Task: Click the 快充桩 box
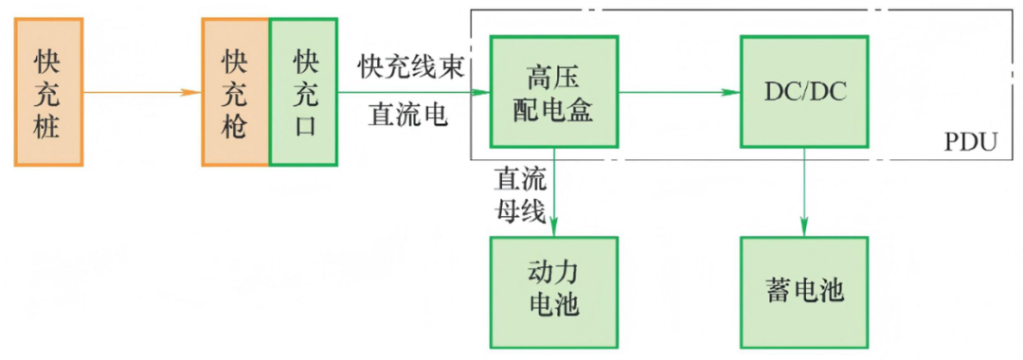pyautogui.click(x=49, y=92)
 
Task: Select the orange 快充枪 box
pyautogui.click(x=235, y=92)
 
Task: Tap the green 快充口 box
pyautogui.click(x=303, y=92)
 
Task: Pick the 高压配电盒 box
pyautogui.click(x=554, y=91)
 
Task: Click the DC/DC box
pyautogui.click(x=804, y=91)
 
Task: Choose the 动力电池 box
pyautogui.click(x=554, y=292)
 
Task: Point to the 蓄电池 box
pyautogui.click(x=804, y=292)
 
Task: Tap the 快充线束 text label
pyautogui.click(x=411, y=66)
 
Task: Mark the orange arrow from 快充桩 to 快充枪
pyautogui.click(x=142, y=92)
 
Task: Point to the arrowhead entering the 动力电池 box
pyautogui.click(x=554, y=227)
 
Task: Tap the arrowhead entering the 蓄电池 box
pyautogui.click(x=804, y=227)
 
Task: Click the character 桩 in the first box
pyautogui.click(x=49, y=125)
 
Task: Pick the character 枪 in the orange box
pyautogui.click(x=235, y=125)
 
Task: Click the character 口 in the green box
pyautogui.click(x=303, y=124)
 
